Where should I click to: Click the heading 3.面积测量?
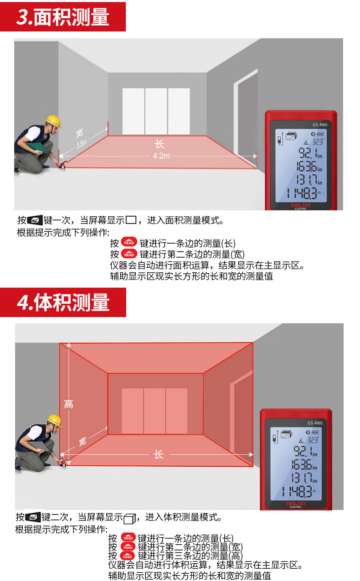point(62,17)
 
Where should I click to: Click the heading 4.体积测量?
point(63,302)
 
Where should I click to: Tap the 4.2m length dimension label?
point(161,156)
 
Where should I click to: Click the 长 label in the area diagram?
point(159,144)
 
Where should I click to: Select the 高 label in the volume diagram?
point(68,404)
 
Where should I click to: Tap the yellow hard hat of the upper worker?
point(53,122)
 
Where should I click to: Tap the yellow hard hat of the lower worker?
point(55,420)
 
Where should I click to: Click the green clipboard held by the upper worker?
point(37,147)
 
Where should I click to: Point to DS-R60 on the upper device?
point(320,125)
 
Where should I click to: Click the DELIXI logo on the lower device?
point(296,504)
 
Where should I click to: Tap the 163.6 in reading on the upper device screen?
point(309,166)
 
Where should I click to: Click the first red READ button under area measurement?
point(129,242)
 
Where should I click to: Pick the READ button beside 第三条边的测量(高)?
point(127,556)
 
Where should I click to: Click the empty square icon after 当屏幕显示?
point(131,220)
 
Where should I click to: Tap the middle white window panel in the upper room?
point(156,111)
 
